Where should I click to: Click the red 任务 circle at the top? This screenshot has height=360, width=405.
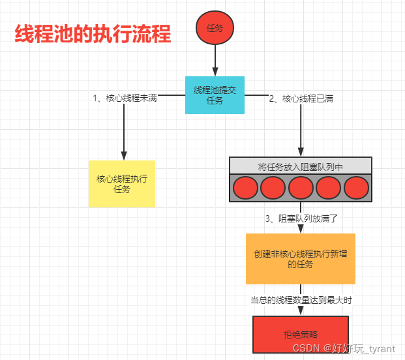click(x=215, y=29)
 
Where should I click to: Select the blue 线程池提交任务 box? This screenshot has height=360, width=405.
click(x=215, y=95)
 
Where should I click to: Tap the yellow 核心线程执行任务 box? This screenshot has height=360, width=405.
click(x=122, y=184)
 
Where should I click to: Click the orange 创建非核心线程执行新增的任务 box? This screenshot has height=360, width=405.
click(x=301, y=259)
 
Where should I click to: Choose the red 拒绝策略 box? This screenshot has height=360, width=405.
click(x=301, y=334)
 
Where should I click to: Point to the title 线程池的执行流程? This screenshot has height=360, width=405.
click(x=93, y=34)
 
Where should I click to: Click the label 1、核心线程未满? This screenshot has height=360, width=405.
click(x=125, y=98)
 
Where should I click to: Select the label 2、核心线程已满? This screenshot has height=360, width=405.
click(x=302, y=98)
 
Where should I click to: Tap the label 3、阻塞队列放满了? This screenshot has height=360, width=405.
click(x=301, y=218)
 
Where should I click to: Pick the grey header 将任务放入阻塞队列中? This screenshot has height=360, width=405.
click(x=301, y=166)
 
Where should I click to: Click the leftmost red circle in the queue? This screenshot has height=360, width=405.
click(x=245, y=188)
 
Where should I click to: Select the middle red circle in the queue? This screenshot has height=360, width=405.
click(x=301, y=188)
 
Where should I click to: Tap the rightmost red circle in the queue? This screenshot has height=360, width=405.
click(x=357, y=188)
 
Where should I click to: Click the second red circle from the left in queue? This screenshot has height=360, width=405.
click(x=273, y=188)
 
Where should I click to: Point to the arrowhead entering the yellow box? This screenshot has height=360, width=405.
click(x=123, y=155)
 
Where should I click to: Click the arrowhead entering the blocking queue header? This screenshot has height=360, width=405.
click(x=301, y=152)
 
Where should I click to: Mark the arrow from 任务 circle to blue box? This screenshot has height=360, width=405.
click(x=215, y=61)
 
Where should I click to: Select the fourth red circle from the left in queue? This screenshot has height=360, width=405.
click(x=329, y=188)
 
